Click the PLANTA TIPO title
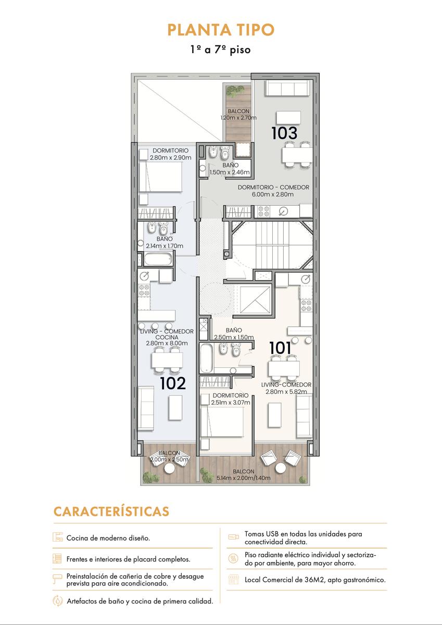(x=221, y=30)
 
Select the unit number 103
(x=284, y=133)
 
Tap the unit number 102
(x=173, y=383)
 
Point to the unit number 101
(x=280, y=348)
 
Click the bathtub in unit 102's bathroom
(x=158, y=259)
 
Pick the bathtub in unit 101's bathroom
(x=206, y=358)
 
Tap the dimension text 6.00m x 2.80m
(x=273, y=194)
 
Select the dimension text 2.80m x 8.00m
(x=167, y=343)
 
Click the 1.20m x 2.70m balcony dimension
(x=238, y=118)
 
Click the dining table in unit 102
(x=167, y=360)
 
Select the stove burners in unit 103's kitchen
(x=263, y=211)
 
